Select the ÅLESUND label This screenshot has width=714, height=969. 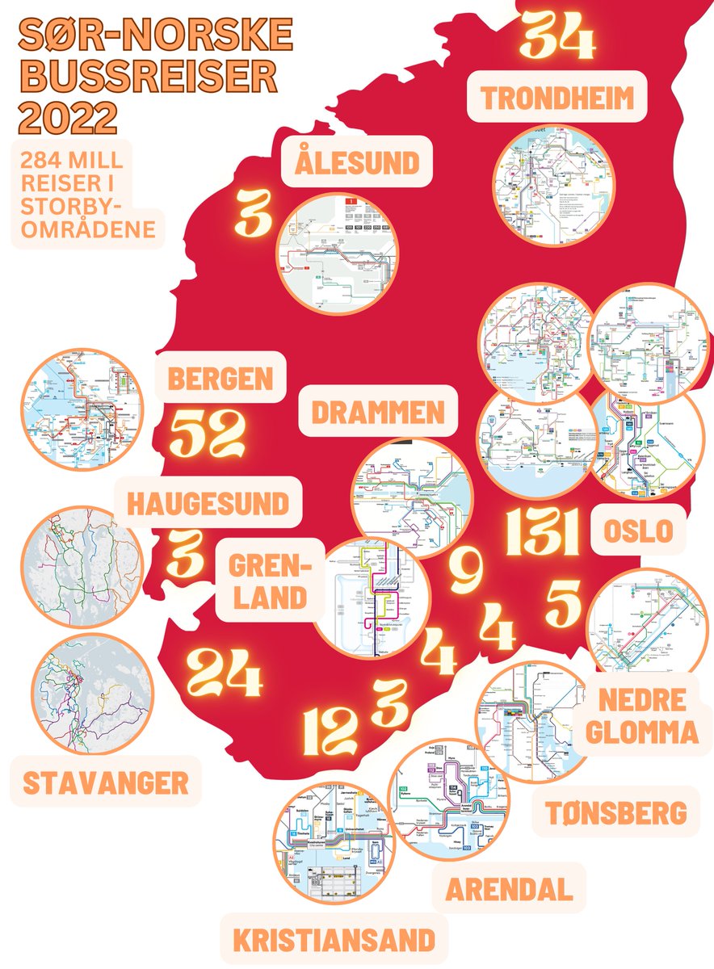[358, 162]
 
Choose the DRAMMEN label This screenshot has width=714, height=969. [378, 412]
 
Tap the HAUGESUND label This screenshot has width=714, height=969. [207, 504]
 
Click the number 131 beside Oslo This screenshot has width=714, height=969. [542, 533]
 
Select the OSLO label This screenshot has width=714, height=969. [638, 531]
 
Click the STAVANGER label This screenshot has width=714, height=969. [106, 782]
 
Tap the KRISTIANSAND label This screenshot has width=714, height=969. [334, 940]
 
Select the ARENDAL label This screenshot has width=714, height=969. [509, 890]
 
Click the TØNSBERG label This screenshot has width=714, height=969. [615, 812]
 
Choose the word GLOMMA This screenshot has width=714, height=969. [641, 732]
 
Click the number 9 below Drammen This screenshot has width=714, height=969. [466, 570]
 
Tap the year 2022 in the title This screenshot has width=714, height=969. [67, 119]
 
